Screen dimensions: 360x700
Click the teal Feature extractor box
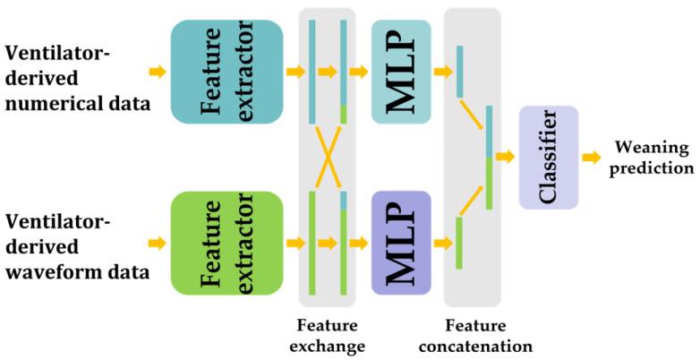pyautogui.click(x=227, y=72)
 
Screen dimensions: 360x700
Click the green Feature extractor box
pyautogui.click(x=227, y=243)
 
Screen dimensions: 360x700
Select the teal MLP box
pyautogui.click(x=401, y=72)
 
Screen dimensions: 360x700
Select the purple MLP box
pyautogui.click(x=401, y=243)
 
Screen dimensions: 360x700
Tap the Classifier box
pyautogui.click(x=549, y=158)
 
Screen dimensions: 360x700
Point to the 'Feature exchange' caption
pyautogui.click(x=328, y=333)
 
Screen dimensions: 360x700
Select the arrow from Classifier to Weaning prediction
pyautogui.click(x=592, y=158)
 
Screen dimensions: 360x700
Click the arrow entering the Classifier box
pyautogui.click(x=506, y=158)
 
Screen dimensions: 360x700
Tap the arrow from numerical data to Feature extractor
pyautogui.click(x=157, y=72)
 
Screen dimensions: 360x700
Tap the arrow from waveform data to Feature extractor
pyautogui.click(x=157, y=243)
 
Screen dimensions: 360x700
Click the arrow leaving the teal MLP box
pyautogui.click(x=442, y=72)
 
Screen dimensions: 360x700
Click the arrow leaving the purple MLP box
pyautogui.click(x=442, y=243)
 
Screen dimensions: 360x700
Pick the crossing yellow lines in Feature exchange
pyautogui.click(x=328, y=158)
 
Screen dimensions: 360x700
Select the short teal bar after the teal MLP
pyautogui.click(x=459, y=72)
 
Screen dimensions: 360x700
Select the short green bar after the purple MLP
pyautogui.click(x=459, y=243)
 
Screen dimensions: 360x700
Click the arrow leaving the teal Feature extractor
pyautogui.click(x=294, y=72)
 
